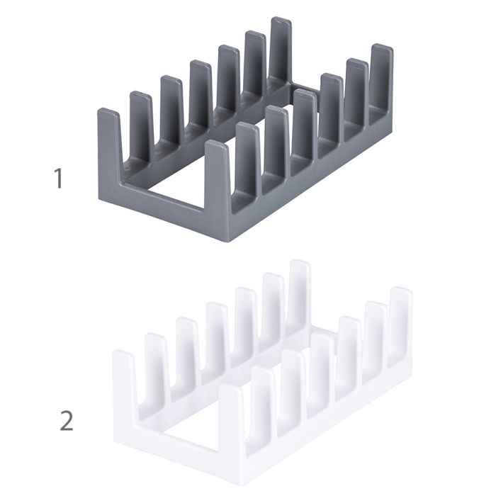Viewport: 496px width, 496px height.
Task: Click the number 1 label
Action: (59, 178)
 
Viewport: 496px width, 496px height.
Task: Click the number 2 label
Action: (66, 421)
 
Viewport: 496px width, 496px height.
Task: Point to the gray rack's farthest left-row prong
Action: (281, 50)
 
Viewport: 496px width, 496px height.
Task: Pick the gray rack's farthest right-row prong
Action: (381, 78)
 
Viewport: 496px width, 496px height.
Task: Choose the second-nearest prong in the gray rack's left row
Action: (140, 120)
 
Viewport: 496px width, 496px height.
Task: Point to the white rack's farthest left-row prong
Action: (299, 291)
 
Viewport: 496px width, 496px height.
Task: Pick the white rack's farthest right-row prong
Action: (400, 319)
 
